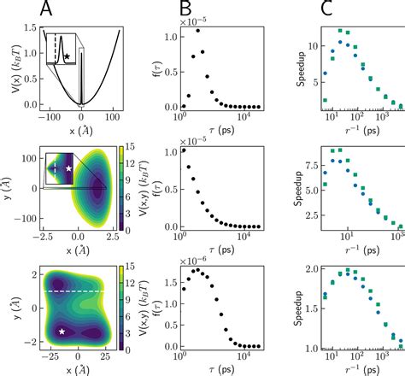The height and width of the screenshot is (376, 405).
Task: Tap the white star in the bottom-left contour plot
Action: point(62,331)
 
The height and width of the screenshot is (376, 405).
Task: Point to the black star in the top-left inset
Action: point(67,56)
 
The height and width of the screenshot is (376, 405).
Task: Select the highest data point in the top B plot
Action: point(197,31)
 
